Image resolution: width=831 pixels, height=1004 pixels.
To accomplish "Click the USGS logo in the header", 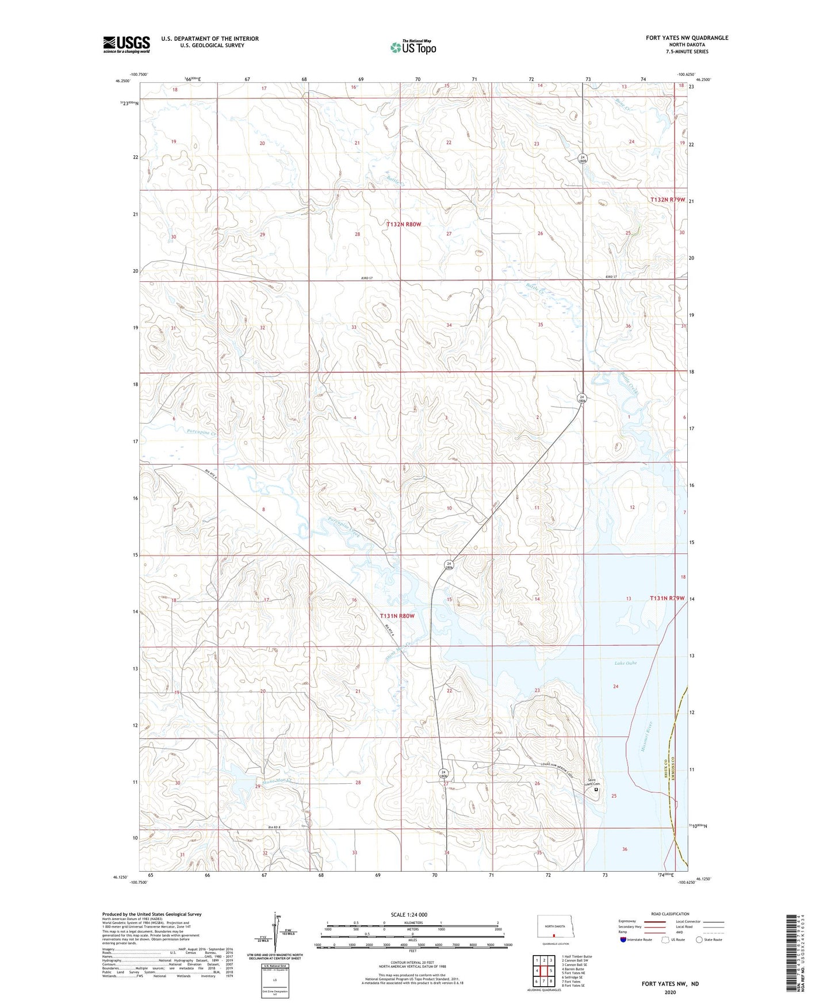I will pos(126,44).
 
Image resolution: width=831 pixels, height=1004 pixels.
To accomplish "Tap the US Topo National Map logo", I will pos(412,47).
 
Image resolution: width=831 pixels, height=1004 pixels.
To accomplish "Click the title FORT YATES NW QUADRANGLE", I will pos(687,38).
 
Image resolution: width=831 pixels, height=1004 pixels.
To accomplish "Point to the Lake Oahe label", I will pos(625,663).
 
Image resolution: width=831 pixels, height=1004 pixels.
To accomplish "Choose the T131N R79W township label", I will pos(667,598).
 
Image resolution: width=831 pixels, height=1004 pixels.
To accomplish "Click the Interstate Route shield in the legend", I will pos(623,940).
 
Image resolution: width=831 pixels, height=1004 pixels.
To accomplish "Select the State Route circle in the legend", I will pos(699,940).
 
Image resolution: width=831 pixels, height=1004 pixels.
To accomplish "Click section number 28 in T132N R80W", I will pos(357,234).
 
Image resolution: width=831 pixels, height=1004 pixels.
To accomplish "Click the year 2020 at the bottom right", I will pos(670,992).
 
